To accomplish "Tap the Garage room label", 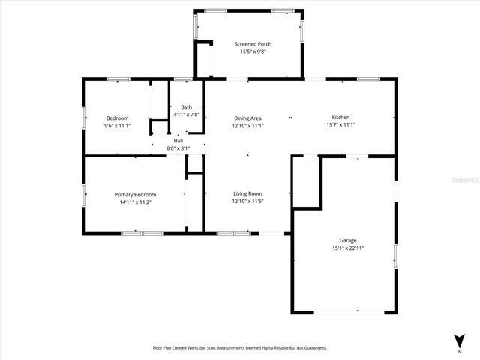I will [347, 241].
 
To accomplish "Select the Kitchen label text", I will [340, 118].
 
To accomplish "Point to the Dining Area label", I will [247, 118].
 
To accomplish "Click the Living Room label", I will [247, 194].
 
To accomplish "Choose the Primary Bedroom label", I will [135, 195].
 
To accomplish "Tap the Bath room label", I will [186, 107].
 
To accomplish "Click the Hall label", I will [178, 141].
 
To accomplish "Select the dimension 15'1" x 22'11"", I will [348, 248].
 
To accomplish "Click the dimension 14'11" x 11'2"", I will [135, 202].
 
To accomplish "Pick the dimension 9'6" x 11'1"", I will [117, 126].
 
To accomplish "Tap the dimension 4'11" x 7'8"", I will [186, 115].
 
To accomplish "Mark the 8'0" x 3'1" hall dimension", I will [178, 148].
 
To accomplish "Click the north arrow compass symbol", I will [459, 340].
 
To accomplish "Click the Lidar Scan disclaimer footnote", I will [240, 348].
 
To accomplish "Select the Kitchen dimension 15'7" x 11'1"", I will [340, 125].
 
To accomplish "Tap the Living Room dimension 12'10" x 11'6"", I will [247, 202].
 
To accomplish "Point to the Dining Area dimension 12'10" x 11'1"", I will [247, 126].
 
